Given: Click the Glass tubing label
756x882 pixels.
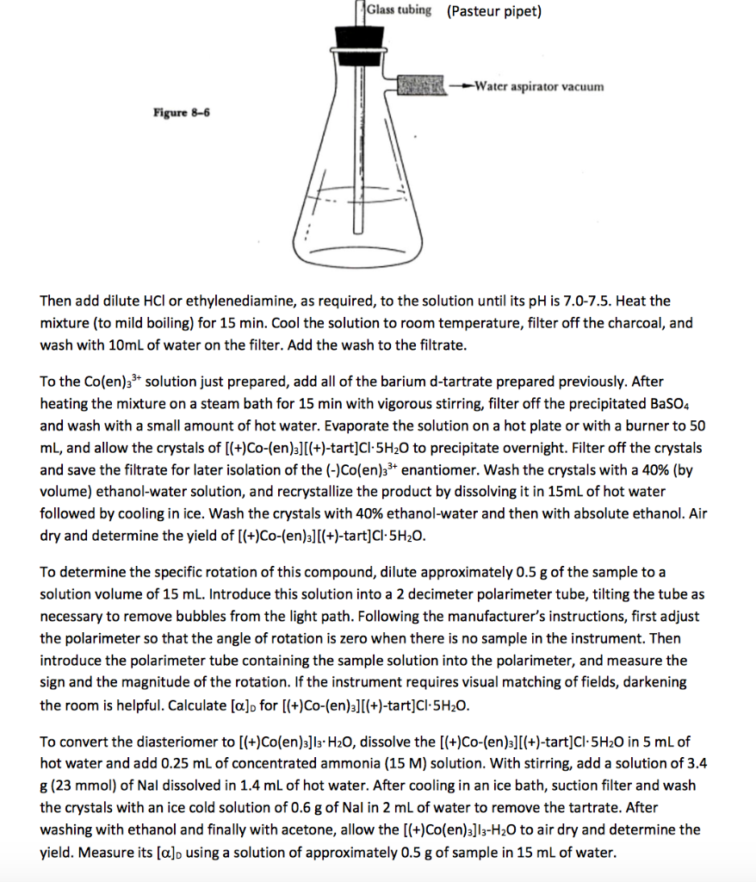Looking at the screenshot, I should [399, 10].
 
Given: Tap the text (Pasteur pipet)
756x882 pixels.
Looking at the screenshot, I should [493, 11].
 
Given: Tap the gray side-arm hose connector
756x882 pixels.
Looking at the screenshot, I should [421, 86].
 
